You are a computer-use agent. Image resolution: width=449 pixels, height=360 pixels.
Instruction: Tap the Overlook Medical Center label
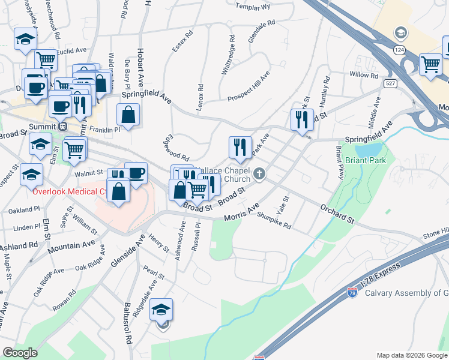point(70,192)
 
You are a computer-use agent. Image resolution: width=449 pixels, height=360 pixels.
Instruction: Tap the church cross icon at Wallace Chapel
point(259,174)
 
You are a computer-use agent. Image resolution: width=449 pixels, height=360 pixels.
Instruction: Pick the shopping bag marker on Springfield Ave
point(128,115)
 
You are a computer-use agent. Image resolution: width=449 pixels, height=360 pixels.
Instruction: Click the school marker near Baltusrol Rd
point(161,311)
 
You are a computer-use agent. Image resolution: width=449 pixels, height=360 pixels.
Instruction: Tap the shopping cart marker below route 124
point(430,64)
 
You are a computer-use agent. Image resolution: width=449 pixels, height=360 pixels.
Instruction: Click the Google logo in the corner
point(20,352)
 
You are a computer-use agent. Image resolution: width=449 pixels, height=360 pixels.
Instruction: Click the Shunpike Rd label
point(274,223)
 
